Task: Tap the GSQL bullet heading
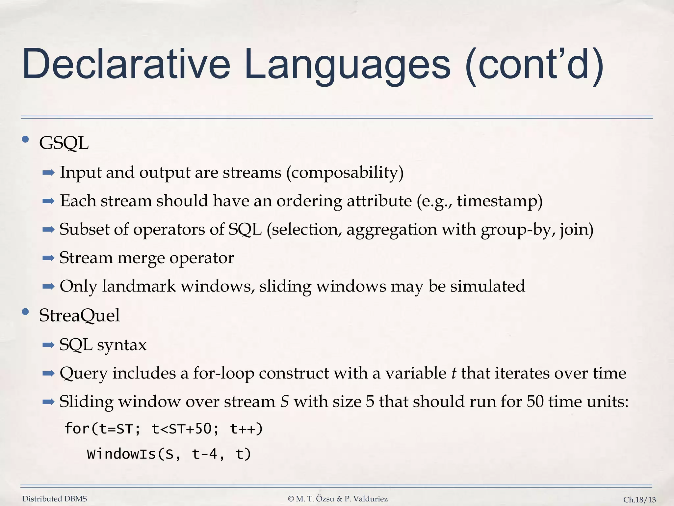[64, 143]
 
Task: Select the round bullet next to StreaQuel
[25, 312]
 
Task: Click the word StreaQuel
[79, 316]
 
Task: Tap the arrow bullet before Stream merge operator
[48, 258]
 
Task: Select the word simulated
[487, 286]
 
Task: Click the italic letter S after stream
[284, 402]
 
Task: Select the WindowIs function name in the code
[121, 454]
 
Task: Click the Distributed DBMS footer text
[55, 499]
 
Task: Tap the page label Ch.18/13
[639, 500]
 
